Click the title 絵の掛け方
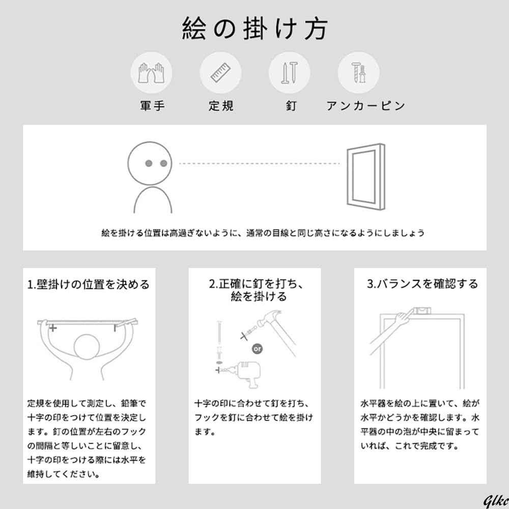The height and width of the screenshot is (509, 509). (x=254, y=29)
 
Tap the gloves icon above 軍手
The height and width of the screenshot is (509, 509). (x=152, y=73)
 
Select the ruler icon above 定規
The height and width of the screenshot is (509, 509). (x=220, y=73)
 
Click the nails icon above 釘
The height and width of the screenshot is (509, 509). (x=289, y=73)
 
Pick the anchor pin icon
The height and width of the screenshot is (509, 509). (x=358, y=73)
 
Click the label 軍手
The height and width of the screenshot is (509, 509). (x=152, y=106)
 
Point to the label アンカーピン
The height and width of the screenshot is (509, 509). (x=365, y=106)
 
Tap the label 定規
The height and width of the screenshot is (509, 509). (x=221, y=106)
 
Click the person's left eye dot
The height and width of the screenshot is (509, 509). (x=149, y=163)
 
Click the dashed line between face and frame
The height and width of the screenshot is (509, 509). (x=260, y=163)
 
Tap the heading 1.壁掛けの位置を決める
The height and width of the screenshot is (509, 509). (x=89, y=284)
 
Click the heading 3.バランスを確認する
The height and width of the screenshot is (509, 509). (x=422, y=284)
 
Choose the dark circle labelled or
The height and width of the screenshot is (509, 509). (x=258, y=349)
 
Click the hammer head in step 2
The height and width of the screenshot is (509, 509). (x=264, y=319)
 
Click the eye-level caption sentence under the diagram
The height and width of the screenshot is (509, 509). (x=263, y=233)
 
